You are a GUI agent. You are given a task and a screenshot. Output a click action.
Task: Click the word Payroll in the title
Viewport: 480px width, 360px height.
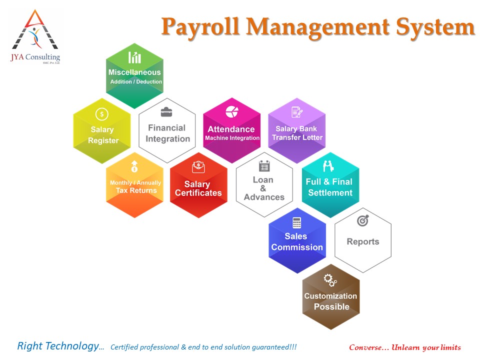tap(200, 27)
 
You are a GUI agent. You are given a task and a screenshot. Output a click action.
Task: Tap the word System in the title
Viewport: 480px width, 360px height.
tap(435, 27)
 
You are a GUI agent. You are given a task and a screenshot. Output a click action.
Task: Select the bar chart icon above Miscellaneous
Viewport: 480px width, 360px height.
tap(134, 57)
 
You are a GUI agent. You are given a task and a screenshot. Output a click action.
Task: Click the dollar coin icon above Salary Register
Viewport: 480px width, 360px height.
tap(102, 114)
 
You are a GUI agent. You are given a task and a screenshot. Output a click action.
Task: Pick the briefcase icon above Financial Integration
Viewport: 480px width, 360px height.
tap(166, 112)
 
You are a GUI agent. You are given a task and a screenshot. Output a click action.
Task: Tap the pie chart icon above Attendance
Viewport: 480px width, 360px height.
tap(232, 111)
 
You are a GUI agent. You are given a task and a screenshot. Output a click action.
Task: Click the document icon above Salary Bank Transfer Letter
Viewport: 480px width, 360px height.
tap(297, 112)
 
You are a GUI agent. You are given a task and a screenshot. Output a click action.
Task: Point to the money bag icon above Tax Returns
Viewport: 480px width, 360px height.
tap(134, 166)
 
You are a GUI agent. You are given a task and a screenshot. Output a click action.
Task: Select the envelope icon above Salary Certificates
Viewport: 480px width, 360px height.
tap(198, 167)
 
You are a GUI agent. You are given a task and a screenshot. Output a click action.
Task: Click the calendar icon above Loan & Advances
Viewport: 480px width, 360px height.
tap(264, 165)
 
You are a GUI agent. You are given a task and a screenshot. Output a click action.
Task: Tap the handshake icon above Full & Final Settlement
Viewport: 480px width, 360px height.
tap(328, 166)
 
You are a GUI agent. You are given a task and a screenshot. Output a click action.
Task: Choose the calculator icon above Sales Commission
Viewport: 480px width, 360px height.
tap(297, 222)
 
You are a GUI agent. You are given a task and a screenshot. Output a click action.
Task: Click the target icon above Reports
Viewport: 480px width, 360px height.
tap(363, 220)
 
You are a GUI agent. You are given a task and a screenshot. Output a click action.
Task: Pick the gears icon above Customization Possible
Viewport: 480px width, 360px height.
tap(330, 280)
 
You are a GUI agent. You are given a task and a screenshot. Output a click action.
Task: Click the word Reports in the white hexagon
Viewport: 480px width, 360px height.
tap(363, 241)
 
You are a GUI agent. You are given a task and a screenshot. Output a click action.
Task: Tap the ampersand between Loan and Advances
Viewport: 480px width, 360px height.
tap(263, 188)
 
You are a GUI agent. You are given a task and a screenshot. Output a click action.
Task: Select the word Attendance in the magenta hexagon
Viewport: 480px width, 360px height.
tap(231, 129)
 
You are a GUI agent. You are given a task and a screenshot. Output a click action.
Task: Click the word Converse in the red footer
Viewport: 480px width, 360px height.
tap(365, 347)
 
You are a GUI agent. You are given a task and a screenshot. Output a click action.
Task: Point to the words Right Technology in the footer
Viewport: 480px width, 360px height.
tap(58, 346)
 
